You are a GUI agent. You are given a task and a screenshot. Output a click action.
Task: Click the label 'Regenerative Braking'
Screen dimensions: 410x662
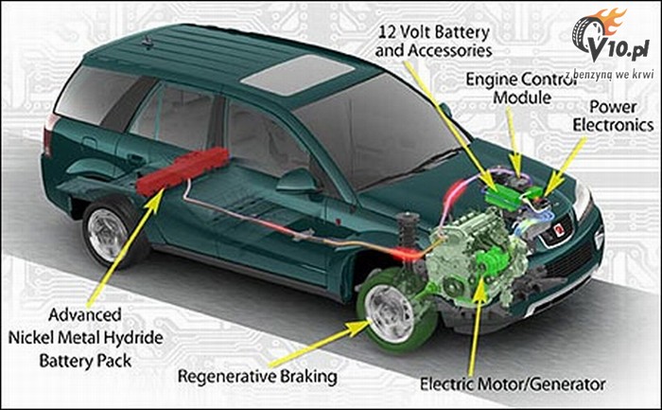[x=257, y=377]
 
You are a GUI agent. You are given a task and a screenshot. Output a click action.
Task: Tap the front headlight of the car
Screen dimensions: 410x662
[x=583, y=201]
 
